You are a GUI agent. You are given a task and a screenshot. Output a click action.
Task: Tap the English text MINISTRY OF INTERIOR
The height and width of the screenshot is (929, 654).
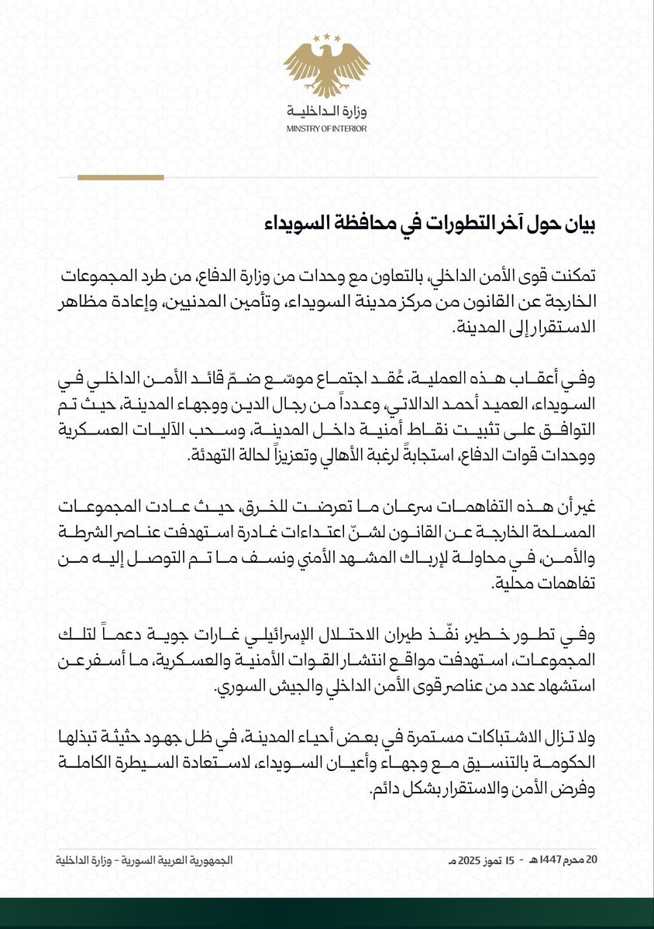point(326,129)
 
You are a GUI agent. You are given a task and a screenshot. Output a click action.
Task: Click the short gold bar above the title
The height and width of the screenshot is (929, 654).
point(120,177)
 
